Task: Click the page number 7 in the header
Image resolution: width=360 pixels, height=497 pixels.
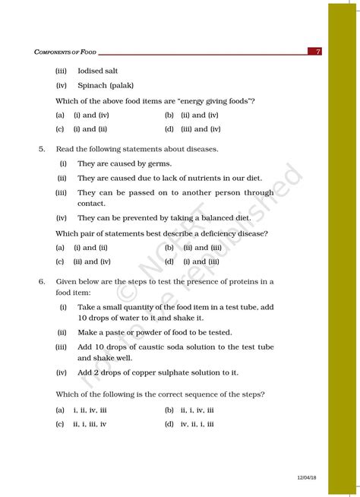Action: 318,52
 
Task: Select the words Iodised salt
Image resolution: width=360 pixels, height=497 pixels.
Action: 99,71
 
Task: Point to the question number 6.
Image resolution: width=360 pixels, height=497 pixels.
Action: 42,281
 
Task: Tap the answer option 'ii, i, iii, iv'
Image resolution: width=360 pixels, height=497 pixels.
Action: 90,424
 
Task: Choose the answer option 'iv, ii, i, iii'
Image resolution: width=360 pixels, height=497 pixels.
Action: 197,424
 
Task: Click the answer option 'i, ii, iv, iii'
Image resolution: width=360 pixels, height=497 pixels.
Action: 90,410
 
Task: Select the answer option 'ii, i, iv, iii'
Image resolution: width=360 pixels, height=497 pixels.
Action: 197,410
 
